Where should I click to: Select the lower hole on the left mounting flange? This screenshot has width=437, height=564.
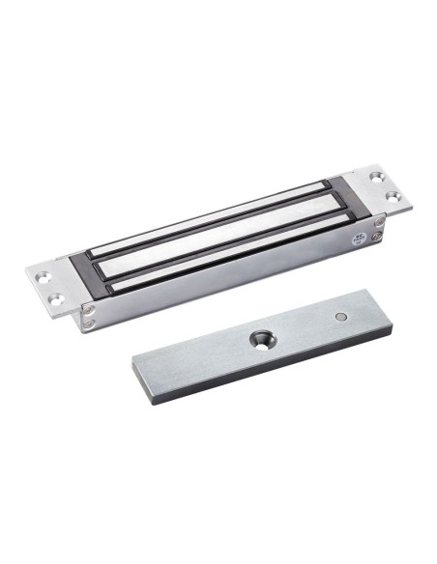point(57,297)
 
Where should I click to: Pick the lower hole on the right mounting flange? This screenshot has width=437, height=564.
point(394,196)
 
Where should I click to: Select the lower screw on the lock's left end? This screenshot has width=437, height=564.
point(90,324)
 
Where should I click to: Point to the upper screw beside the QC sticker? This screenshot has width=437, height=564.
point(378,223)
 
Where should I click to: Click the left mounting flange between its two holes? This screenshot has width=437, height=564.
point(48,286)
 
